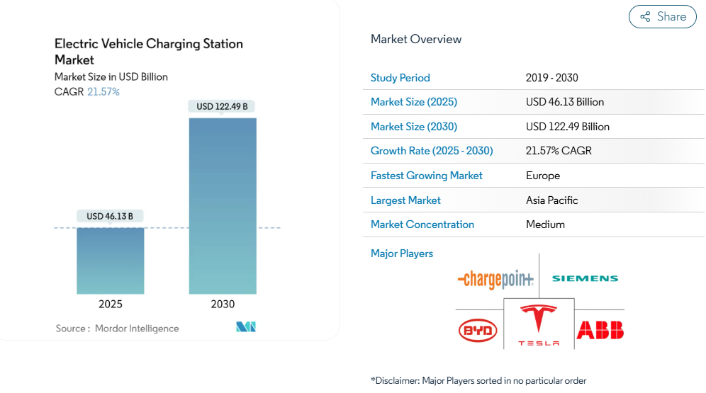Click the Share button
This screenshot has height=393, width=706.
pyautogui.click(x=663, y=17)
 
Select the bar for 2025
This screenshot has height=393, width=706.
pyautogui.click(x=110, y=260)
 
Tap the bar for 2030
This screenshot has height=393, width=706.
pyautogui.click(x=223, y=205)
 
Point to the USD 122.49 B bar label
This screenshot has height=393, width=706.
pyautogui.click(x=222, y=107)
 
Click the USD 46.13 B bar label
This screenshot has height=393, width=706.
pyautogui.click(x=110, y=216)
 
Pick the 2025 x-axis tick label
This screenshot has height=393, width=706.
pyautogui.click(x=110, y=304)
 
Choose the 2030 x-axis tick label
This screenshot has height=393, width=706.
pyautogui.click(x=223, y=304)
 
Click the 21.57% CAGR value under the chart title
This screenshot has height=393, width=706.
pyautogui.click(x=103, y=92)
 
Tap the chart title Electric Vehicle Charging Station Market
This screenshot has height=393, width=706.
pyautogui.click(x=149, y=52)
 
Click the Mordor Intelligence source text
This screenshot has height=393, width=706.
pyautogui.click(x=137, y=329)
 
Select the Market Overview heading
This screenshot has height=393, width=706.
pyautogui.click(x=416, y=40)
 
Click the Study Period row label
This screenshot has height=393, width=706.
pyautogui.click(x=400, y=78)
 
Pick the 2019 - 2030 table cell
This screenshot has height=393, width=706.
pyautogui.click(x=552, y=78)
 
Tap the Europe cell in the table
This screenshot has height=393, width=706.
pyautogui.click(x=543, y=176)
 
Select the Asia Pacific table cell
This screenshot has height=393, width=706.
pyautogui.click(x=552, y=200)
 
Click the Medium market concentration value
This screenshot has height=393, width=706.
pyautogui.click(x=545, y=224)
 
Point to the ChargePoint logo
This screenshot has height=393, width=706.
pyautogui.click(x=495, y=280)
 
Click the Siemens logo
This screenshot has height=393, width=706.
pyautogui.click(x=585, y=279)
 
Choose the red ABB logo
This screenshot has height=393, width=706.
pyautogui.click(x=600, y=330)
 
